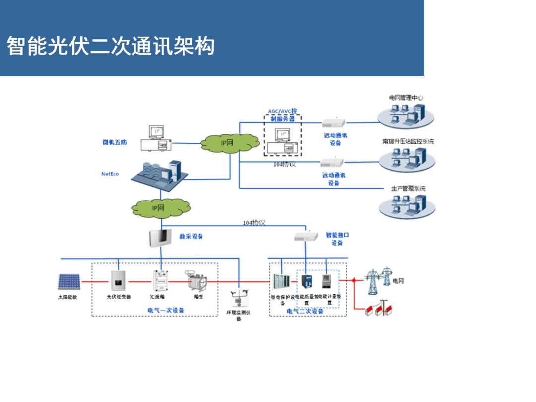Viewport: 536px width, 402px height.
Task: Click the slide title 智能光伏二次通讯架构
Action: click(x=110, y=46)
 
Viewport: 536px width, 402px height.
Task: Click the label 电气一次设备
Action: click(x=166, y=310)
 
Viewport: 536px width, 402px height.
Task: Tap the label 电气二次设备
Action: click(x=305, y=311)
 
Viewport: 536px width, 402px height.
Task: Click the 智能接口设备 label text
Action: click(x=337, y=239)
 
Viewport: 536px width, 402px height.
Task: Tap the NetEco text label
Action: click(x=110, y=174)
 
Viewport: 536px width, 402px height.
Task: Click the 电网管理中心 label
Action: click(x=406, y=98)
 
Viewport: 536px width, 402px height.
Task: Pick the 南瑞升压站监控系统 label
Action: click(x=407, y=142)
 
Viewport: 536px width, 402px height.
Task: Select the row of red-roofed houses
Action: click(x=379, y=309)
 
